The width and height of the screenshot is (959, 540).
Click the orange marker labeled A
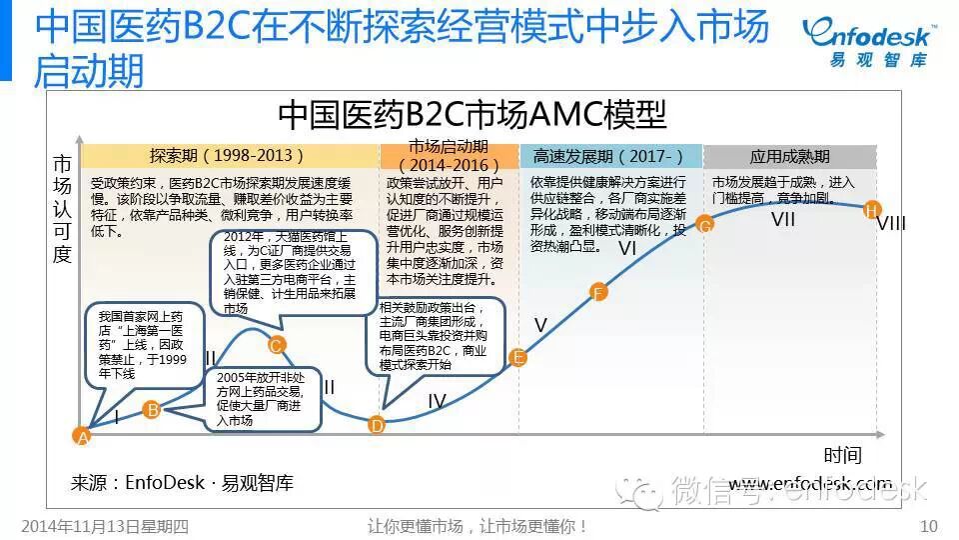click(83, 436)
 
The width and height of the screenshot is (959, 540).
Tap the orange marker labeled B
click(152, 408)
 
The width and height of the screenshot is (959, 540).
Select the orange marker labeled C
click(278, 346)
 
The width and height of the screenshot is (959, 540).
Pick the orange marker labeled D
click(377, 424)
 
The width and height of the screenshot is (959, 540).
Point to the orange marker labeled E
click(517, 357)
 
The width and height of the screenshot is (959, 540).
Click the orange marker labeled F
click(598, 293)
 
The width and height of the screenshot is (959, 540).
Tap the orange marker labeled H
click(872, 209)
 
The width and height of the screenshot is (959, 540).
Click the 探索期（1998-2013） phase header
click(228, 157)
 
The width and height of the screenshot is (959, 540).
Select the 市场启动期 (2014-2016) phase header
click(449, 156)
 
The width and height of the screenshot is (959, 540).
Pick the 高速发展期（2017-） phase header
click(608, 157)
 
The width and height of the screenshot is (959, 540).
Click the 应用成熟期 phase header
click(789, 157)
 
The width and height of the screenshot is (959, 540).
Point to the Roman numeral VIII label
click(891, 224)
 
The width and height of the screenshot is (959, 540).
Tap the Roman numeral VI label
click(627, 248)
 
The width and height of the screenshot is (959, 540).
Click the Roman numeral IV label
click(437, 401)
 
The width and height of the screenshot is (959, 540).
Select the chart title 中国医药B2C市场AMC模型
click(472, 115)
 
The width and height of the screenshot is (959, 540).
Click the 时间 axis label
click(842, 456)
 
